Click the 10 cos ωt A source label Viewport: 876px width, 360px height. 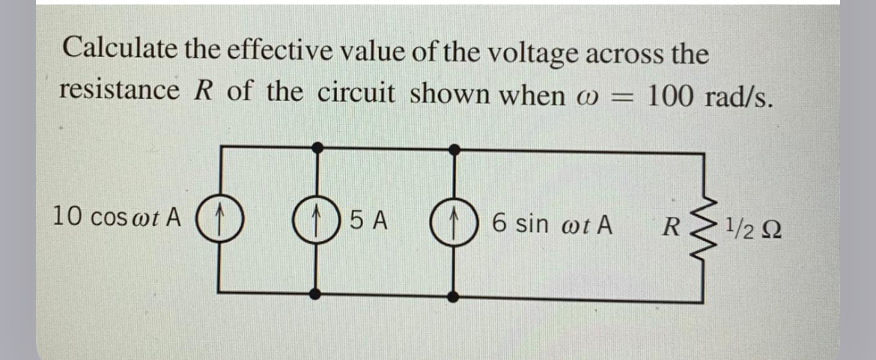tap(117, 218)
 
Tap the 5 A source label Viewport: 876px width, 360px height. tap(368, 222)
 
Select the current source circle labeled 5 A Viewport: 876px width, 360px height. tap(317, 222)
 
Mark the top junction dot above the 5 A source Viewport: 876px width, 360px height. tap(317, 148)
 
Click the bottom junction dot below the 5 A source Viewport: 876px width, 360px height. tap(317, 295)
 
